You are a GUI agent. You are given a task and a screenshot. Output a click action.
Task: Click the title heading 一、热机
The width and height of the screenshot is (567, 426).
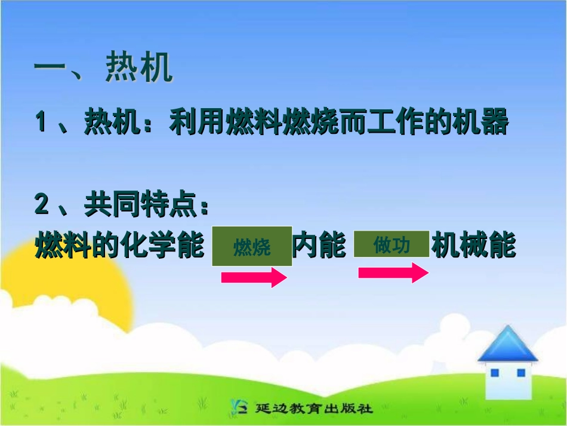(x=103, y=69)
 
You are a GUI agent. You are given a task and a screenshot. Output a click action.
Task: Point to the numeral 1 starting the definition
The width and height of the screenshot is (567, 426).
(x=41, y=123)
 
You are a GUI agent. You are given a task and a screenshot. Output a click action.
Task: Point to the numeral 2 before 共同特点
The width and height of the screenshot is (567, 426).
(x=41, y=206)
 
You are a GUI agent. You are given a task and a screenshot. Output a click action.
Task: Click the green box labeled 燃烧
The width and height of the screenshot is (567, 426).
(x=252, y=246)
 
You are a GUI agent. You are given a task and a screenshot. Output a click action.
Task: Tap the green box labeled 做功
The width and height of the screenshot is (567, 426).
(x=392, y=244)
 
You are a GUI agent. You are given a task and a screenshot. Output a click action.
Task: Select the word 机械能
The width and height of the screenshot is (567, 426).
(x=473, y=246)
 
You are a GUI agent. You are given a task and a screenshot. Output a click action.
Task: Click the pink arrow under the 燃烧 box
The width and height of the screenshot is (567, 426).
(x=254, y=277)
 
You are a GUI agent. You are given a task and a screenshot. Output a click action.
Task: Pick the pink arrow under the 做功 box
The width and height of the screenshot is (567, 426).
(x=393, y=273)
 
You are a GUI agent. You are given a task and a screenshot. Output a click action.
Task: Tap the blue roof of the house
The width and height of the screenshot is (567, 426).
(x=507, y=345)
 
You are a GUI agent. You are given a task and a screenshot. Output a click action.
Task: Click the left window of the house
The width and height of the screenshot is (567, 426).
(x=494, y=373)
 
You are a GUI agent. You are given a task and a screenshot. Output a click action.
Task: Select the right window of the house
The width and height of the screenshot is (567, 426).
(x=520, y=373)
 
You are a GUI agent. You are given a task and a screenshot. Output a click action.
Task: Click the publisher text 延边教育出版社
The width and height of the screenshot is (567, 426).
(x=314, y=409)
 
